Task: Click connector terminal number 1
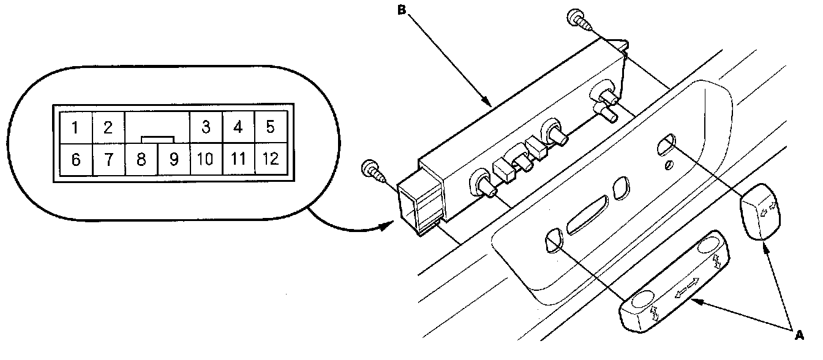pos(75,128)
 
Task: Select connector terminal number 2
pos(108,128)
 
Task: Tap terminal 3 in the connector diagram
pos(206,128)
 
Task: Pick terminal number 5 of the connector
pos(270,128)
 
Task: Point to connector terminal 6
pos(75,160)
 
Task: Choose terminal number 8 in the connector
pos(141,160)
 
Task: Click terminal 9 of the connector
pos(173,160)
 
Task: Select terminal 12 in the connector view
pos(270,160)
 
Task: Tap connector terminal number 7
pos(108,160)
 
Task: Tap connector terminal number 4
pos(238,128)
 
